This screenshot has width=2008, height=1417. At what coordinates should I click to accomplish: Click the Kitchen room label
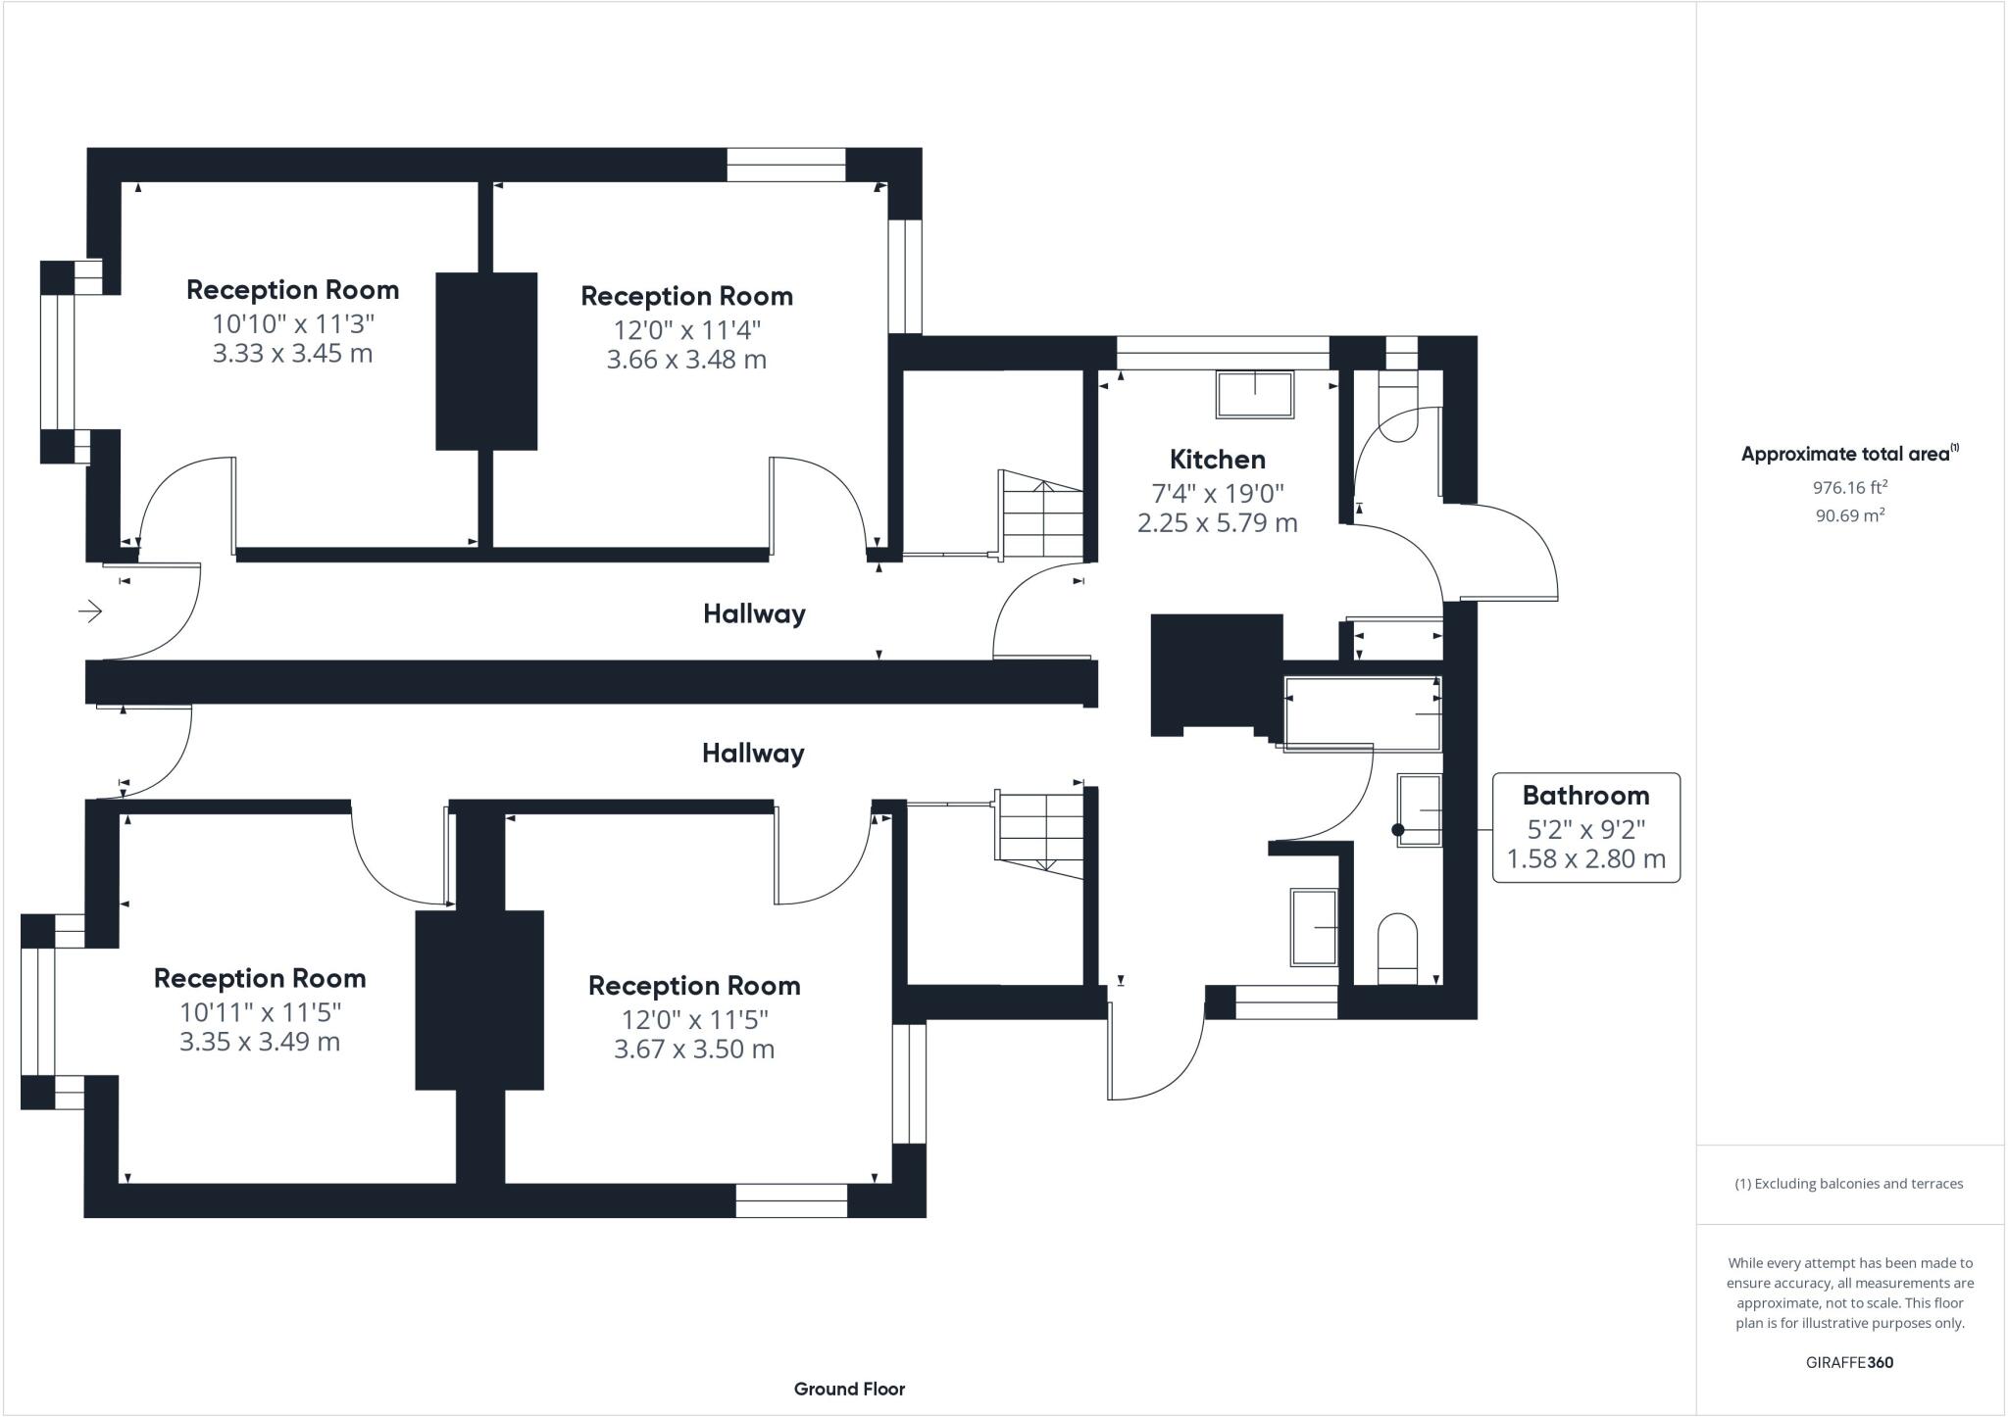pyautogui.click(x=1217, y=459)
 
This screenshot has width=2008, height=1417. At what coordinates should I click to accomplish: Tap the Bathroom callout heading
pyautogui.click(x=1584, y=795)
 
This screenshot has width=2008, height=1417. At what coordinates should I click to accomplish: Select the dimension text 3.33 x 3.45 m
pyautogui.click(x=292, y=354)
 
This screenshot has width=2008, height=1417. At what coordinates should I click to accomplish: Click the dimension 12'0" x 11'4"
pyautogui.click(x=685, y=328)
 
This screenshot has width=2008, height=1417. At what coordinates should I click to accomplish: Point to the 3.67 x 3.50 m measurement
pyautogui.click(x=693, y=1050)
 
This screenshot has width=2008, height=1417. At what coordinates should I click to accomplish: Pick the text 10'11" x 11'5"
pyautogui.click(x=260, y=1010)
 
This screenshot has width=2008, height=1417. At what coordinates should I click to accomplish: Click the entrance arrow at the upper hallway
pyautogui.click(x=90, y=612)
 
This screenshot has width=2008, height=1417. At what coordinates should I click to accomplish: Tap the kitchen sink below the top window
pyautogui.click(x=1254, y=394)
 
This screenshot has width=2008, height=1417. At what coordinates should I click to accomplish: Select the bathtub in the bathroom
pyautogui.click(x=1362, y=712)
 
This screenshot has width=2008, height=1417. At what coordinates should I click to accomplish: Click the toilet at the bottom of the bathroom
pyautogui.click(x=1397, y=949)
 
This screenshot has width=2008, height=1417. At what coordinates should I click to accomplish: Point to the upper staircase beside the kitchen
pyautogui.click(x=1040, y=515)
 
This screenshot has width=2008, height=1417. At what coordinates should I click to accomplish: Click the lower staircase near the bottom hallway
pyautogui.click(x=1040, y=830)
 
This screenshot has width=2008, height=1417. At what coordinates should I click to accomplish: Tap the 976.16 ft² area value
pyautogui.click(x=1849, y=486)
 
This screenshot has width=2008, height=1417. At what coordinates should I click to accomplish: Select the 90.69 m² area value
pyautogui.click(x=1849, y=515)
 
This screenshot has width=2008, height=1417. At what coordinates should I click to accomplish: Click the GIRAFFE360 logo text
pyautogui.click(x=1849, y=1362)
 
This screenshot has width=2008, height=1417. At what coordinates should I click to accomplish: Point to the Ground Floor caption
pyautogui.click(x=849, y=1389)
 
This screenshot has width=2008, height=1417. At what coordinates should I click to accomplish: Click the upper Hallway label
pyautogui.click(x=754, y=614)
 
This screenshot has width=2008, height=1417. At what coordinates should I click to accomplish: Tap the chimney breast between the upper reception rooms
pyautogui.click(x=486, y=361)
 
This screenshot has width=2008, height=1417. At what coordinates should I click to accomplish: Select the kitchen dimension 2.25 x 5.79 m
pyautogui.click(x=1217, y=523)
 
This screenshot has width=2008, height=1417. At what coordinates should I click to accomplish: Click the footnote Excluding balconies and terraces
pyautogui.click(x=1849, y=1184)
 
